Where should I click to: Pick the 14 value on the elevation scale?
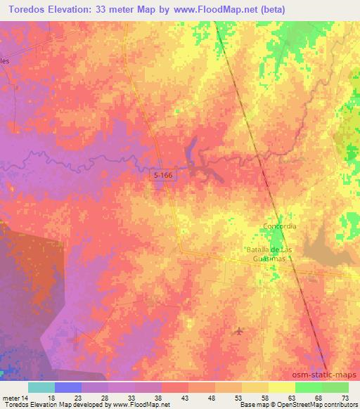(25, 398)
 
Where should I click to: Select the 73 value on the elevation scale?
(344, 398)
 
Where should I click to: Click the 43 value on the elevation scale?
(184, 398)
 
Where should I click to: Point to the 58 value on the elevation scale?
(264, 398)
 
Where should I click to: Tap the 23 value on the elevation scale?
(77, 398)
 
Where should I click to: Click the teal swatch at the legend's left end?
(41, 387)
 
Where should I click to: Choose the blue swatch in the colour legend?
(68, 387)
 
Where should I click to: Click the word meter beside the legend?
(10, 398)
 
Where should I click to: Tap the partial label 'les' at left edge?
(4, 61)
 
